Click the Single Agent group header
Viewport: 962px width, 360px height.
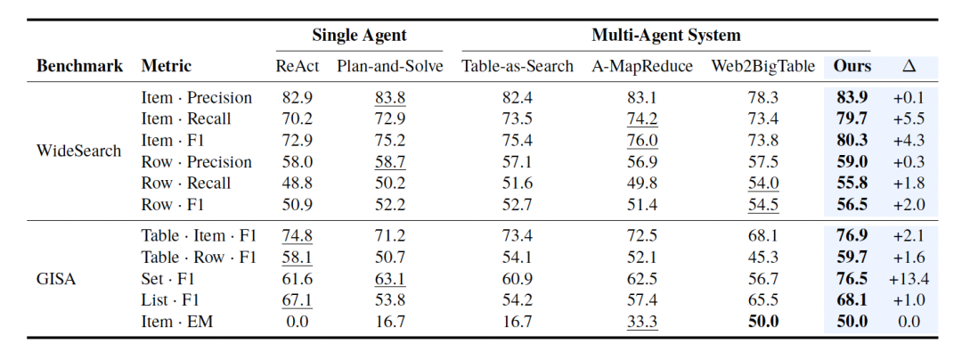click(359, 35)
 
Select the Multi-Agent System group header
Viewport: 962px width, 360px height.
click(665, 35)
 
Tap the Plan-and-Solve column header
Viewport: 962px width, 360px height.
click(389, 66)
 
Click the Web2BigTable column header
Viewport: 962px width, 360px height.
click(763, 66)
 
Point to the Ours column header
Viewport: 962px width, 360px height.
click(852, 66)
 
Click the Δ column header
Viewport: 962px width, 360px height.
click(909, 66)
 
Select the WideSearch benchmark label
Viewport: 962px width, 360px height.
click(78, 151)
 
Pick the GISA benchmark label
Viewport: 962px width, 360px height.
click(56, 279)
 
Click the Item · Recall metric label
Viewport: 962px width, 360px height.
click(186, 119)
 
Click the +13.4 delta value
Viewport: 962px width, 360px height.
click(909, 279)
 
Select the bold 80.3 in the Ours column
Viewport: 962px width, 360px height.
click(852, 141)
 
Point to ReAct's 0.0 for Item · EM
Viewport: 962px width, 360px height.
click(298, 322)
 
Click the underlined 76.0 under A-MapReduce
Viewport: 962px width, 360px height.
click(642, 141)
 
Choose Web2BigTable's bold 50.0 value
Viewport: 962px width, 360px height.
click(763, 322)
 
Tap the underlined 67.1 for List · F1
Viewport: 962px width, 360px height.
click(298, 300)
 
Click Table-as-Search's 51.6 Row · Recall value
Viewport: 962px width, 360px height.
click(518, 184)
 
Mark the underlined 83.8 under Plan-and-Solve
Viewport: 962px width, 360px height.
click(390, 97)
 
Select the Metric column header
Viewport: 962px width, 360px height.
click(167, 66)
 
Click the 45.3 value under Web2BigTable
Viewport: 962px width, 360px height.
click(763, 258)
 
